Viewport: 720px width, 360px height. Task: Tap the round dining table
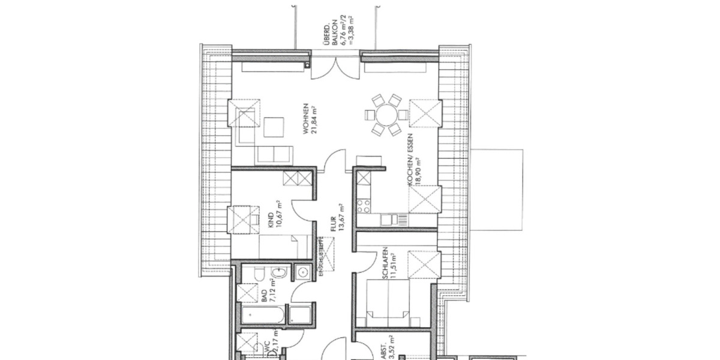(385, 113)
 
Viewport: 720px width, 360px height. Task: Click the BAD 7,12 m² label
(266, 296)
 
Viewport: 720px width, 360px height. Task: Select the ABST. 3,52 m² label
(387, 348)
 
